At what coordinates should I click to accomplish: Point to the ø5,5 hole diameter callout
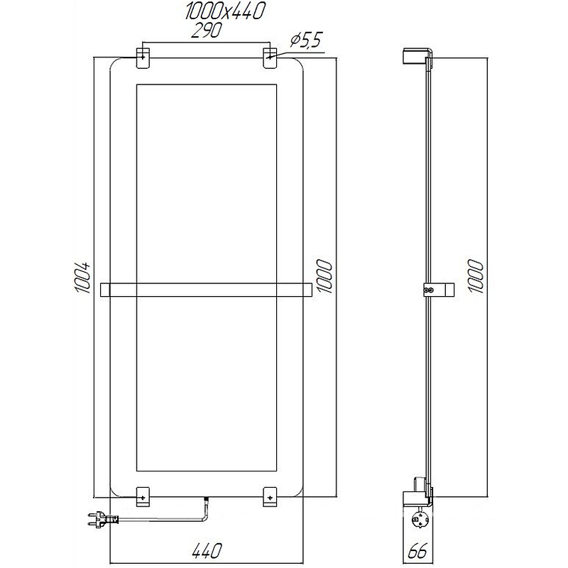[x=306, y=42]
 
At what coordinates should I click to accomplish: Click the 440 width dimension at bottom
[x=206, y=550]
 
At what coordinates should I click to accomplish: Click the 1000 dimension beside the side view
[x=476, y=277]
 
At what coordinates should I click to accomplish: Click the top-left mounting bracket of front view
[x=143, y=58]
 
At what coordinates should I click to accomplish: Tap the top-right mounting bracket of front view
[x=271, y=58]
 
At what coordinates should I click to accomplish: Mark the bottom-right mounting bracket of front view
[x=271, y=496]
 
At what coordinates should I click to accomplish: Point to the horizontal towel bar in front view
[x=207, y=290]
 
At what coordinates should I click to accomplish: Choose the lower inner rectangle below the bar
[x=206, y=387]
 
